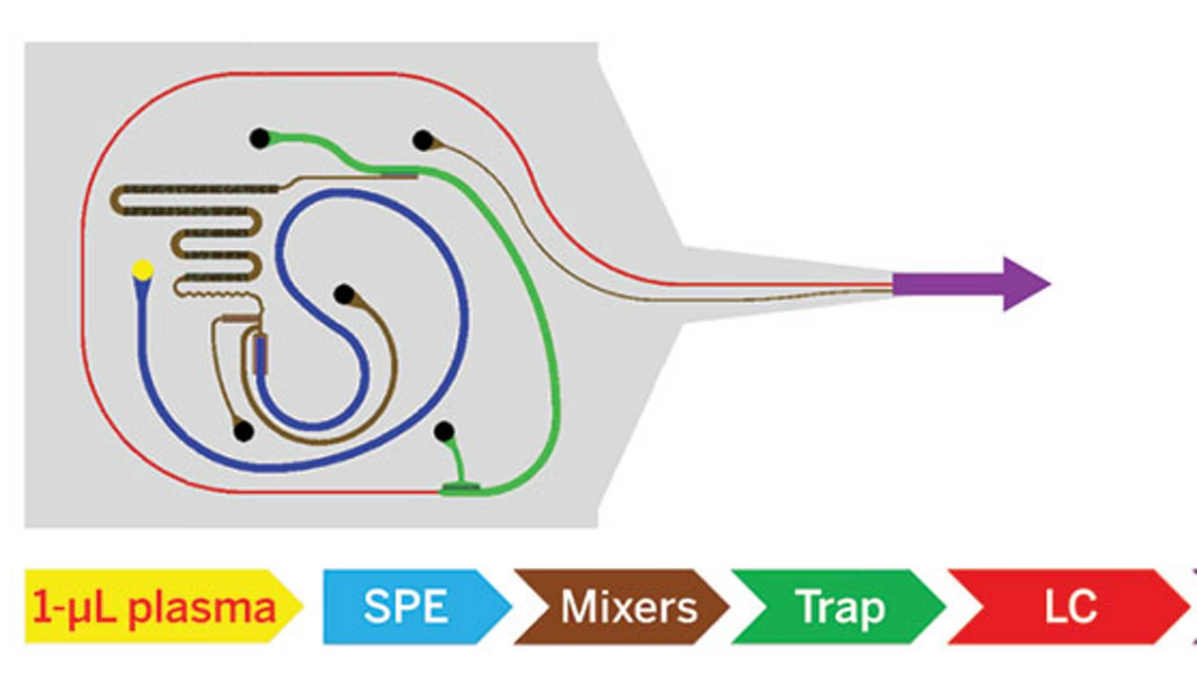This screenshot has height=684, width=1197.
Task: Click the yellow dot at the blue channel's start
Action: click(142, 271)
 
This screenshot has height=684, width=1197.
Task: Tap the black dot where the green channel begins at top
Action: click(259, 139)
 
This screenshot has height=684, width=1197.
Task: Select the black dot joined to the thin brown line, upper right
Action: click(423, 141)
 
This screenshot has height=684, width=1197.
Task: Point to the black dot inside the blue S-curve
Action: click(344, 294)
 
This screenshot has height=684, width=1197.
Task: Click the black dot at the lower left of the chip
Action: click(243, 431)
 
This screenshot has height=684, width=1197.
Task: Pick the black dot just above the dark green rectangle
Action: click(444, 432)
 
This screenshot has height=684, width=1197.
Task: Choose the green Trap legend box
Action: click(836, 606)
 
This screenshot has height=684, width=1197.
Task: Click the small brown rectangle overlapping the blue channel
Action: click(261, 354)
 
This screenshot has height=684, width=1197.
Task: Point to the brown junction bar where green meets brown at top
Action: click(399, 174)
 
